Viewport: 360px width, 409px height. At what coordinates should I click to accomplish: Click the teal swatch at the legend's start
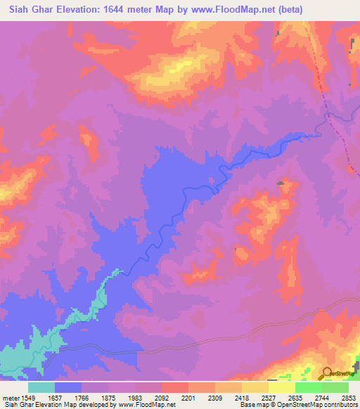pos(41,387)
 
